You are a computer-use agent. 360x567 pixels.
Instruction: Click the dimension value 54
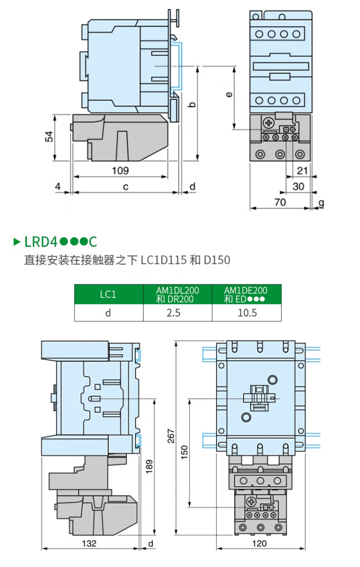[49, 137]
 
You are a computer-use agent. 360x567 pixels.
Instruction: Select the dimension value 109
[120, 170]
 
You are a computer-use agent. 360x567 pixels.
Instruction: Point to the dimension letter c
[125, 187]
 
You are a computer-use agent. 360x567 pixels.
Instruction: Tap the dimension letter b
[192, 105]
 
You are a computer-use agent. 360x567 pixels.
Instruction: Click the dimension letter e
[229, 94]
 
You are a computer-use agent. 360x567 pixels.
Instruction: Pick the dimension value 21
[302, 170]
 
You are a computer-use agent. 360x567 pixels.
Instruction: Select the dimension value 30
[299, 186]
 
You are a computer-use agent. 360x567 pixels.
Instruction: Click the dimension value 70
[280, 202]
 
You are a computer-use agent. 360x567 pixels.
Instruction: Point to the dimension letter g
[321, 202]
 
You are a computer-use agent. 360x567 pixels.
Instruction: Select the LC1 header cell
[108, 294]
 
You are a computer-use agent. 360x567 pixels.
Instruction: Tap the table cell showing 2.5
[177, 313]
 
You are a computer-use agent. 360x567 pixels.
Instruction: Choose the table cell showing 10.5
[247, 313]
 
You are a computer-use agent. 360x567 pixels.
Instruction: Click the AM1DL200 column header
[177, 294]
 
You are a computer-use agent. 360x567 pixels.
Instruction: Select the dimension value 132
[89, 543]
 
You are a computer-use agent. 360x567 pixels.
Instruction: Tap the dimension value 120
[259, 543]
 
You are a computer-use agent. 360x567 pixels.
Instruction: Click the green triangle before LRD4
[17, 242]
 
